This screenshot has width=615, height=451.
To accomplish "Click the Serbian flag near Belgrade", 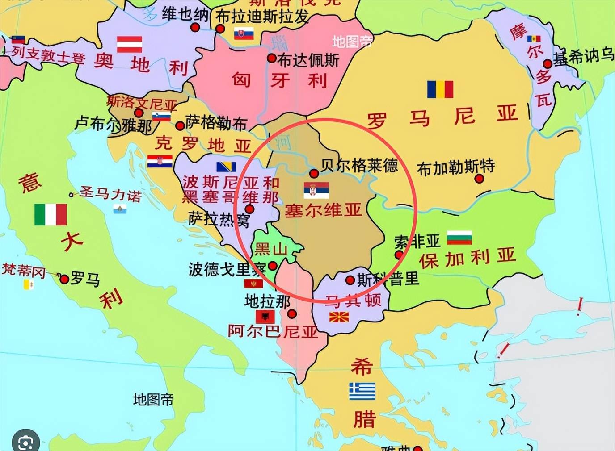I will tap(316, 190).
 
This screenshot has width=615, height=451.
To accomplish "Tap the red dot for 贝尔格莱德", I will tap(314, 173).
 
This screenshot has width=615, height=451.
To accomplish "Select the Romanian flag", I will tap(440, 89).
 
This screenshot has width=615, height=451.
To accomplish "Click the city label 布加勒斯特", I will tap(455, 167).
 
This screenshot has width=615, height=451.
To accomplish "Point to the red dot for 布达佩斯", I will tap(272, 58).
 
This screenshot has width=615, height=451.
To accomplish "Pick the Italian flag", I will tap(51, 214).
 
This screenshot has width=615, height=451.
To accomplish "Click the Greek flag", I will tap(362, 391).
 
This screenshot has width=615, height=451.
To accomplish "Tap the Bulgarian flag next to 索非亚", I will tap(459, 237).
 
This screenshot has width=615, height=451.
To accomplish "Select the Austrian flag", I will tap(130, 44).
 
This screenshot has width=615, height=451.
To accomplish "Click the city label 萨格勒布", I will tap(216, 122).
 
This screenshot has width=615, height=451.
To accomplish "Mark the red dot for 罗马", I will tap(64, 280).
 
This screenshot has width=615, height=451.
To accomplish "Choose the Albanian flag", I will tap(265, 317).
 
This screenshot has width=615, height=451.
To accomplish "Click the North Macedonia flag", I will tap(339, 317).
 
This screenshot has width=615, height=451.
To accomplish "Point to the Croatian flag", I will tap(160, 161).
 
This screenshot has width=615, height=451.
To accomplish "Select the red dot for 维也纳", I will tap(195, 28).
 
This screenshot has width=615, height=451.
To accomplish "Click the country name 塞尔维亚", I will tap(323, 210).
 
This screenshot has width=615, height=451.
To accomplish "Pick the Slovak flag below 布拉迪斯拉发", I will tap(244, 33).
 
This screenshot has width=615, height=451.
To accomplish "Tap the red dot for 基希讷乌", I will tap(548, 64).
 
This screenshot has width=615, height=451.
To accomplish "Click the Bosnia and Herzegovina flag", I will tap(226, 167).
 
